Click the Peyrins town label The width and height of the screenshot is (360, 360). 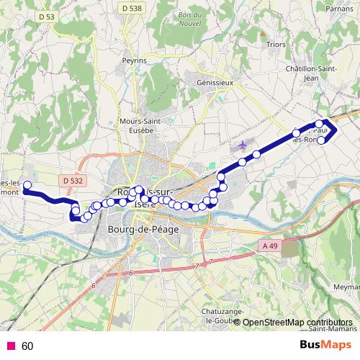pos(134,60)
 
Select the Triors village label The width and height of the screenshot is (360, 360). pos(275,44)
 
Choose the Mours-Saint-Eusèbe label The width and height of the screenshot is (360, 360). pos(140,126)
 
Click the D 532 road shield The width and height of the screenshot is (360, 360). pos(73,181)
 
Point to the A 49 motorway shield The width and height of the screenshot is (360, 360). pos(269,246)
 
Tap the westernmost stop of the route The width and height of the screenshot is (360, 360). pos(27,186)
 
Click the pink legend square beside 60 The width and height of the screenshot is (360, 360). pos(11,346)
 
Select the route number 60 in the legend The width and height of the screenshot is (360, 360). pos(27,346)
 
